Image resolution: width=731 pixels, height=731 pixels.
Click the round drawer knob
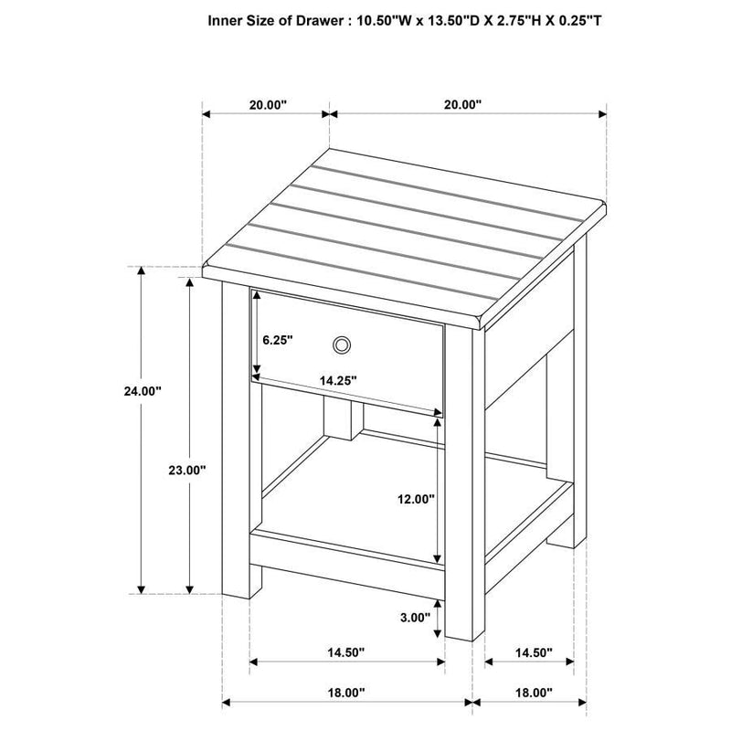342,344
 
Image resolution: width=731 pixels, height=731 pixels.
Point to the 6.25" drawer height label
277,340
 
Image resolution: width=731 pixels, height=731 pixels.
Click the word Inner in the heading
227,19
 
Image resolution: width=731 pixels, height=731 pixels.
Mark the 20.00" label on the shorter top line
268,104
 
